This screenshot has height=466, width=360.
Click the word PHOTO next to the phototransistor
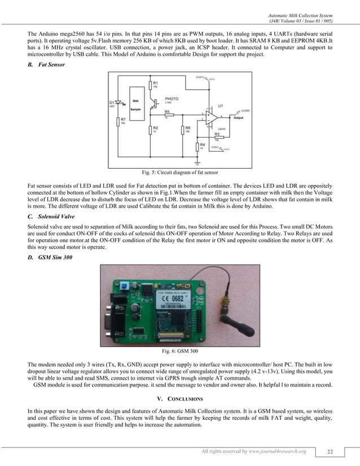click(x=172, y=99)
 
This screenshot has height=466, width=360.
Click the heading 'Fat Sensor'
click(x=51, y=64)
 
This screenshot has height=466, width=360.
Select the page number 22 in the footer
click(x=330, y=451)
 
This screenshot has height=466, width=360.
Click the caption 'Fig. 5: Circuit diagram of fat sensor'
click(x=179, y=172)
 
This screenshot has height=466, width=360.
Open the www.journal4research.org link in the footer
click(x=280, y=451)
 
